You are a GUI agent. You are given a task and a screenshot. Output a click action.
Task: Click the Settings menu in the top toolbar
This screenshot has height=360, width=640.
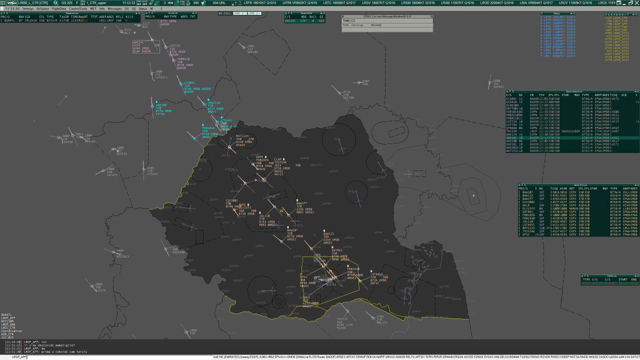[28, 9]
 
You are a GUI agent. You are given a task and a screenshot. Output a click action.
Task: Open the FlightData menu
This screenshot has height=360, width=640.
[59, 9]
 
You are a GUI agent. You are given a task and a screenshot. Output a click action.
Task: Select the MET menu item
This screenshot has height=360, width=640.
[93, 9]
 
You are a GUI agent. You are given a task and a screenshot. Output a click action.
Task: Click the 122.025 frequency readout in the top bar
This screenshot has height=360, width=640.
[67, 3]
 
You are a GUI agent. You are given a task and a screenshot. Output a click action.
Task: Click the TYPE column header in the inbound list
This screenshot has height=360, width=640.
[585, 94]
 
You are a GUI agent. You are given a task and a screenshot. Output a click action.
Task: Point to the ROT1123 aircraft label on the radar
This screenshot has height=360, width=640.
[242, 136]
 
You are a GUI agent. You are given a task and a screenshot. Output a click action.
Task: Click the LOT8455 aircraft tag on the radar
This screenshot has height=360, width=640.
[377, 275]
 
